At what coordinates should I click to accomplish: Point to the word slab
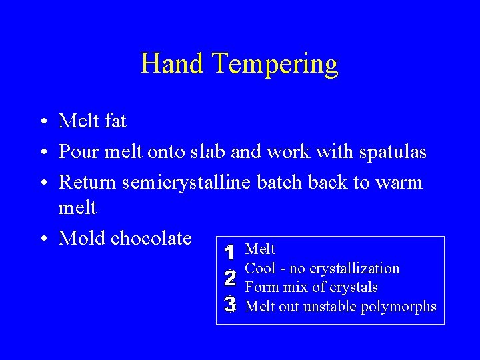click(x=207, y=151)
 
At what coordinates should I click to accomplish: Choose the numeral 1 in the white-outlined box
click(x=229, y=253)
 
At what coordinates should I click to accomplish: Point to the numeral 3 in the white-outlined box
click(x=229, y=305)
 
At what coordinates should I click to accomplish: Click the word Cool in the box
click(x=260, y=269)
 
